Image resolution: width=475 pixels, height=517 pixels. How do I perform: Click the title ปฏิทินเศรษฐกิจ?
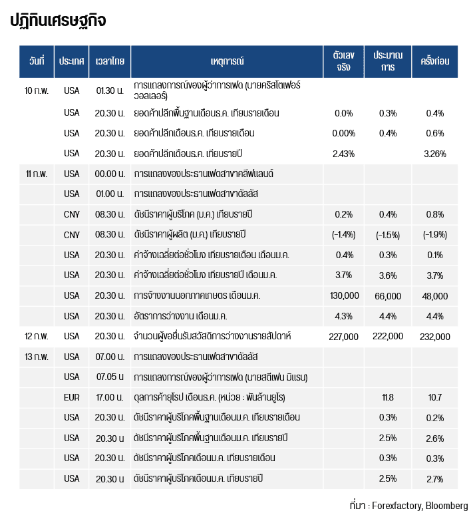point(58,21)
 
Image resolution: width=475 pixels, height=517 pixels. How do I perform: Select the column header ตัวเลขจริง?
point(343,61)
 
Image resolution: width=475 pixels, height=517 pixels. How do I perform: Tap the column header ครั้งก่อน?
point(435,61)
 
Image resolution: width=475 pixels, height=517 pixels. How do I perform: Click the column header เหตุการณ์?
point(226,61)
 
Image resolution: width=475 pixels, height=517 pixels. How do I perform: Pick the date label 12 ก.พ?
point(37,336)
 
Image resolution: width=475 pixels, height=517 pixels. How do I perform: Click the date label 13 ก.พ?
point(37,357)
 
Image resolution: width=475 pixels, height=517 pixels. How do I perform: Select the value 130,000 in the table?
point(344,295)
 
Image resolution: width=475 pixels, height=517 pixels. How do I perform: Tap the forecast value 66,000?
point(388,295)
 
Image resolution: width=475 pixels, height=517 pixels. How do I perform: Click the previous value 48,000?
point(435,295)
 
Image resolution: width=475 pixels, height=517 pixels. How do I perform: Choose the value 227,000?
point(344,337)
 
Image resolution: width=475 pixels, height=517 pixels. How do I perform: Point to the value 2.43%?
point(343,154)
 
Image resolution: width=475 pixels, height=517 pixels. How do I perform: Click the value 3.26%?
point(434,154)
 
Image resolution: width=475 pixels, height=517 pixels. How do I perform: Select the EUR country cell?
point(71,398)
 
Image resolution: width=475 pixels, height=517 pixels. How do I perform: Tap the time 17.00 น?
point(110,398)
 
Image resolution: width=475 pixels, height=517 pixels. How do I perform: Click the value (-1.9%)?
point(435,234)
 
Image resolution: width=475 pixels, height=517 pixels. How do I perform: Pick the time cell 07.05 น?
point(110,377)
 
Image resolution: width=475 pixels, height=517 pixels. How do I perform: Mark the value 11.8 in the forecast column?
point(388,398)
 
